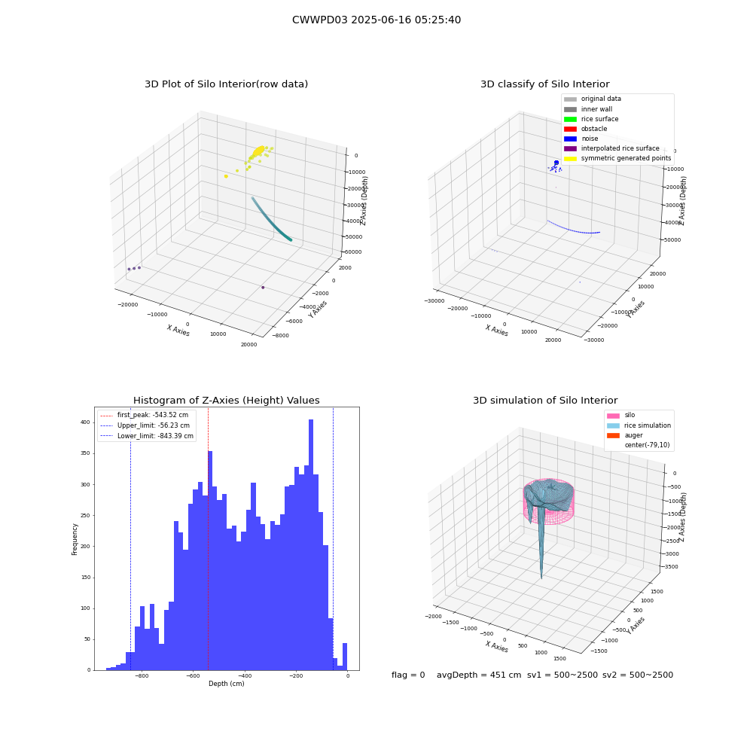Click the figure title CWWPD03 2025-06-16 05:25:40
pyautogui.click(x=376, y=20)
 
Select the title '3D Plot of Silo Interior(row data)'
pyautogui.click(x=226, y=84)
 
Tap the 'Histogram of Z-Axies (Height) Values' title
pyautogui.click(x=226, y=400)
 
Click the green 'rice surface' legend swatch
pyautogui.click(x=570, y=119)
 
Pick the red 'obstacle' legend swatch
pyautogui.click(x=570, y=129)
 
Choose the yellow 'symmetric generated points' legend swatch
pyautogui.click(x=570, y=158)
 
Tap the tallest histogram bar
pyautogui.click(x=311, y=544)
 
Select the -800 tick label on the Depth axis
pyautogui.click(x=142, y=675)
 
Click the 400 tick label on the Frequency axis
pyautogui.click(x=85, y=422)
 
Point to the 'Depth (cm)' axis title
pyautogui.click(x=226, y=684)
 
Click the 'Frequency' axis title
pyautogui.click(x=75, y=539)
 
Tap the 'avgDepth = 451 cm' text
pyautogui.click(x=479, y=675)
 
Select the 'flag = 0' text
pyautogui.click(x=408, y=675)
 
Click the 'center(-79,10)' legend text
pyautogui.click(x=647, y=445)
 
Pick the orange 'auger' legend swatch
pyautogui.click(x=613, y=435)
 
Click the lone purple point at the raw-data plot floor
pyautogui.click(x=263, y=287)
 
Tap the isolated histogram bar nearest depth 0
pyautogui.click(x=345, y=657)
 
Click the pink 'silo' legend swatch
pyautogui.click(x=613, y=416)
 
